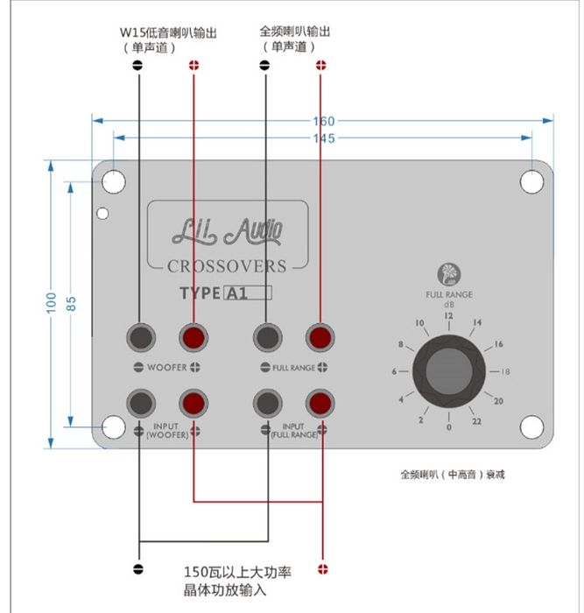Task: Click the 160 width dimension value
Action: click(x=324, y=121)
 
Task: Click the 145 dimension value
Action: click(x=324, y=138)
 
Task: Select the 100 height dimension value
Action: click(x=51, y=303)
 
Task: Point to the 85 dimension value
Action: click(x=71, y=304)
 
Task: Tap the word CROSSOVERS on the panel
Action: click(x=227, y=266)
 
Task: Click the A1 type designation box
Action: click(x=248, y=292)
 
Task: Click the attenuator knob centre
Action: click(x=449, y=371)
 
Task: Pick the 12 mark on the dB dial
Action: click(x=448, y=315)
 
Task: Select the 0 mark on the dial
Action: click(x=449, y=427)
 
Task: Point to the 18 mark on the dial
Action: click(x=505, y=371)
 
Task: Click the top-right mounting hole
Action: click(x=531, y=182)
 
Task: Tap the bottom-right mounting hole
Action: click(x=531, y=427)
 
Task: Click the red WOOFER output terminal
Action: click(x=193, y=338)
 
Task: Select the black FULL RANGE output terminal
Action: click(x=267, y=338)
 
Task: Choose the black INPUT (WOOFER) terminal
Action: click(x=141, y=403)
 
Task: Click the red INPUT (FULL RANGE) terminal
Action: click(x=320, y=403)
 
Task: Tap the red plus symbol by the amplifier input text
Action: click(x=323, y=569)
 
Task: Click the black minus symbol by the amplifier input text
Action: click(x=138, y=569)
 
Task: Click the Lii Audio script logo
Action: click(x=227, y=231)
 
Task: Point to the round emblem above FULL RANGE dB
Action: click(x=449, y=274)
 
